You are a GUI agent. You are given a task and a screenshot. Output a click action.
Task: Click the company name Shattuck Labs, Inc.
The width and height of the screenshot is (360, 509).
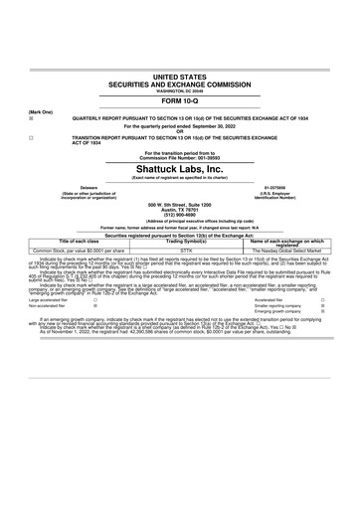180,168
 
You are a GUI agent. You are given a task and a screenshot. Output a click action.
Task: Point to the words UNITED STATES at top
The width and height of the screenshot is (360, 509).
180,76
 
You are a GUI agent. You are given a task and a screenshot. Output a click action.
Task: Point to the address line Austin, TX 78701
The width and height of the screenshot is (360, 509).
180,207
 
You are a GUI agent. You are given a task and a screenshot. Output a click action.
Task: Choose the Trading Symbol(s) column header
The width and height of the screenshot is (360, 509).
180,242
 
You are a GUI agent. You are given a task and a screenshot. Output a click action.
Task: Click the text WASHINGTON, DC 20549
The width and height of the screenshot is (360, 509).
180,89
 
